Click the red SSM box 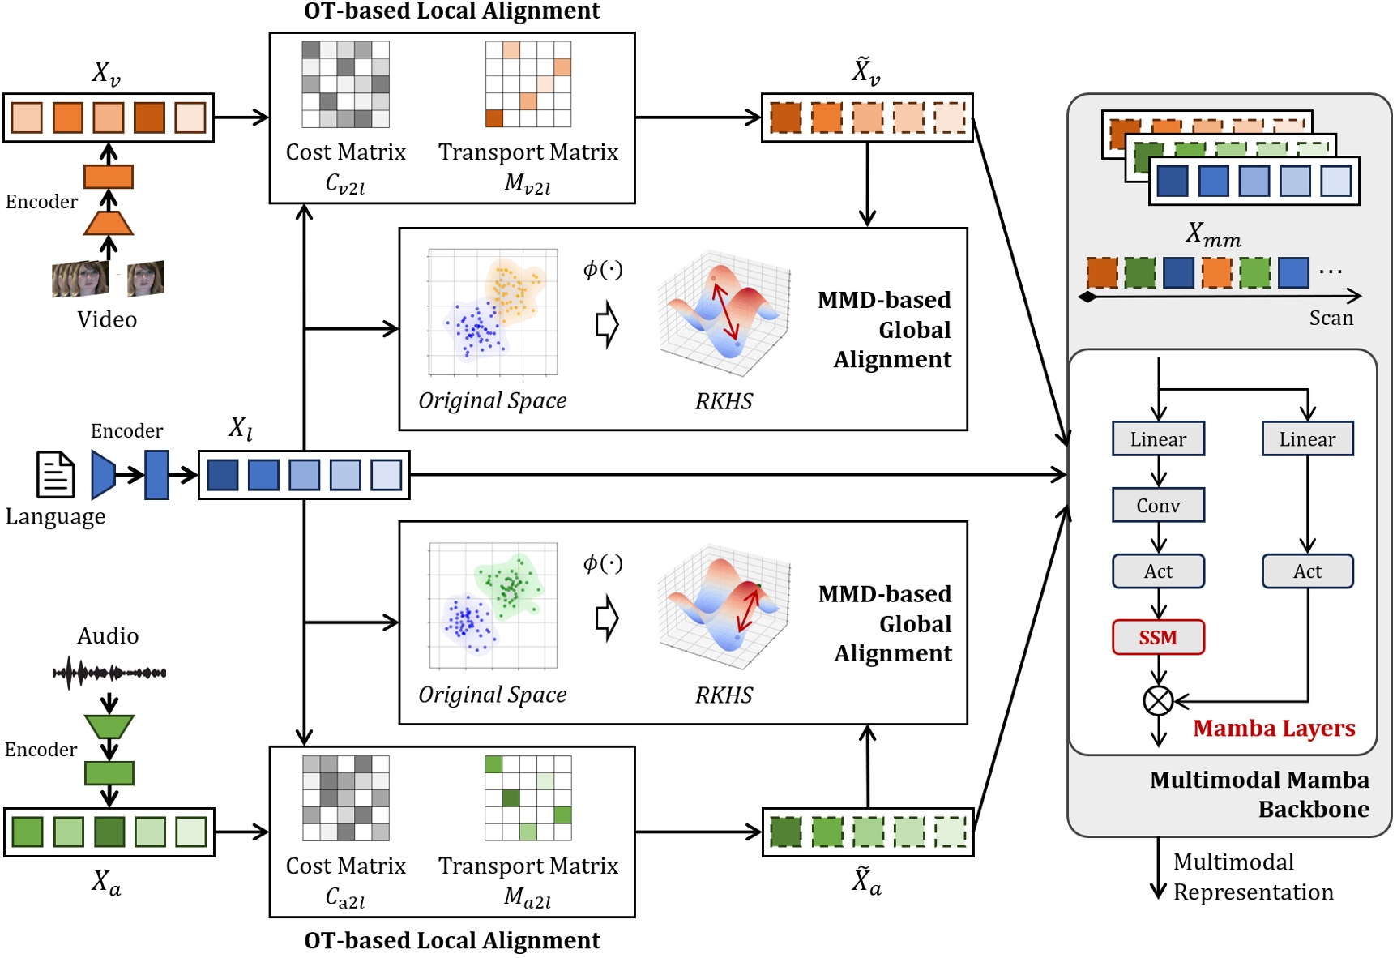click(x=1158, y=637)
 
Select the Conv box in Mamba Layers click(x=1158, y=505)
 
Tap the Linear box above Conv click(x=1158, y=438)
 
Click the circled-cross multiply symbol click(x=1158, y=700)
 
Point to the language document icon click(x=56, y=474)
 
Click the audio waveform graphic click(x=109, y=672)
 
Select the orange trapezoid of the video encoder click(x=109, y=223)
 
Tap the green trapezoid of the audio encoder click(x=109, y=726)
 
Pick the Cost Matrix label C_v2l click(x=345, y=184)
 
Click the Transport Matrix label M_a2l click(x=528, y=897)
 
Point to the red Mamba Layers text click(x=1274, y=728)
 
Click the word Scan click(x=1331, y=318)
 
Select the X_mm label click(x=1213, y=234)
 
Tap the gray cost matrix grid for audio click(x=346, y=798)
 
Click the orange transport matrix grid click(x=528, y=83)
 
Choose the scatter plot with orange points click(x=493, y=312)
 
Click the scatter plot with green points click(x=493, y=605)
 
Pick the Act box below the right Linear click(x=1307, y=571)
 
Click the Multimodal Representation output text click(x=1253, y=876)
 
